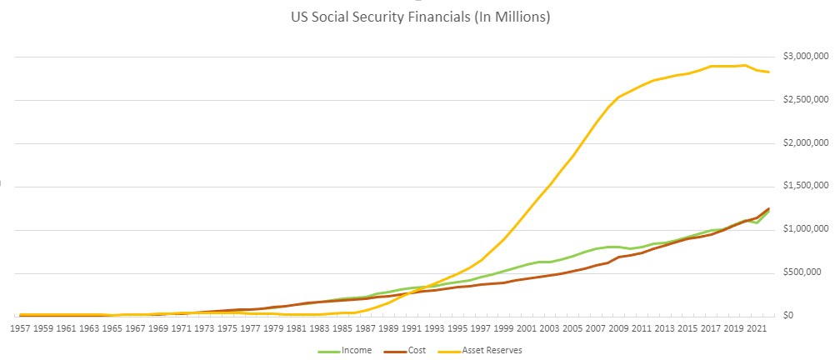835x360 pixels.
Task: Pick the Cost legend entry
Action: tap(417, 351)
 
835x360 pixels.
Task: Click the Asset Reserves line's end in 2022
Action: tap(768, 72)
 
